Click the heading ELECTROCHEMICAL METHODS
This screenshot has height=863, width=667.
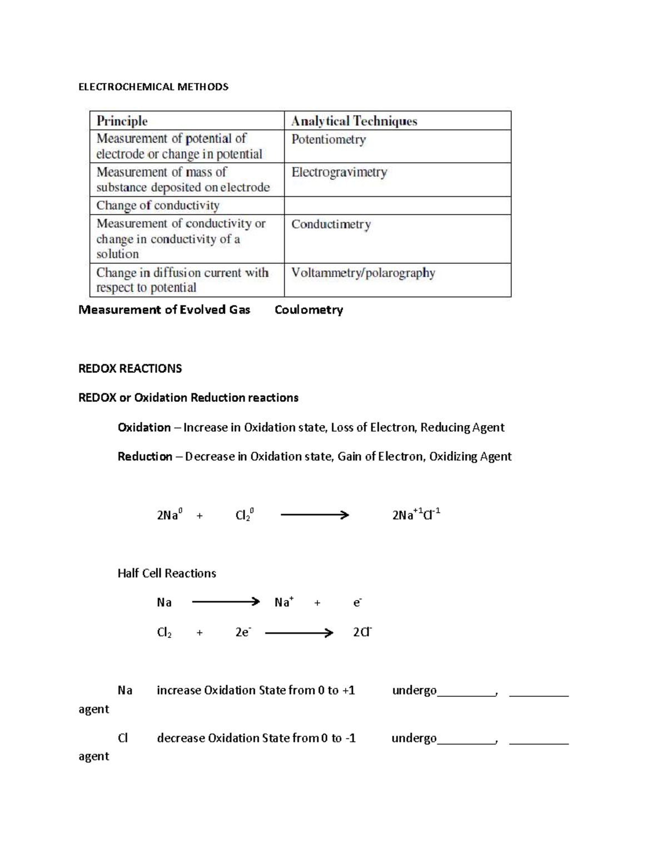(x=153, y=87)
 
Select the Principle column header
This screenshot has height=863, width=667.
(x=122, y=121)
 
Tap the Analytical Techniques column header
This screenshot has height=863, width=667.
(x=354, y=121)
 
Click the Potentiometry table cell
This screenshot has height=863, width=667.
(x=328, y=139)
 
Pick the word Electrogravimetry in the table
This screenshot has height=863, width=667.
(x=339, y=172)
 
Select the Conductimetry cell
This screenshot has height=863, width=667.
(x=331, y=225)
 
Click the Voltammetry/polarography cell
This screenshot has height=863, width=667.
(x=363, y=273)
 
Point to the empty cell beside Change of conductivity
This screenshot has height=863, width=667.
(x=397, y=206)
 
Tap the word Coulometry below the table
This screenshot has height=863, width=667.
(x=308, y=310)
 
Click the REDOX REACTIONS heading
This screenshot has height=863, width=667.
(x=130, y=368)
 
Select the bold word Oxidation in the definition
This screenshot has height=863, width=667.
(x=144, y=427)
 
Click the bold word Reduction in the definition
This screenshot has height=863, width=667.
(x=145, y=456)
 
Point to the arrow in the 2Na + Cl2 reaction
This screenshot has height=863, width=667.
(x=315, y=515)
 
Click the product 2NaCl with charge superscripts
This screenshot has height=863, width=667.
(x=416, y=515)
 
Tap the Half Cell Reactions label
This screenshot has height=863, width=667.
(x=167, y=573)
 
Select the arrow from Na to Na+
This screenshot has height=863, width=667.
(x=226, y=602)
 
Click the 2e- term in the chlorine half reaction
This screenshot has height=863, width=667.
(x=243, y=632)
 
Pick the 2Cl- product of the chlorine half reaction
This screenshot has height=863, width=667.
(x=362, y=632)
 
